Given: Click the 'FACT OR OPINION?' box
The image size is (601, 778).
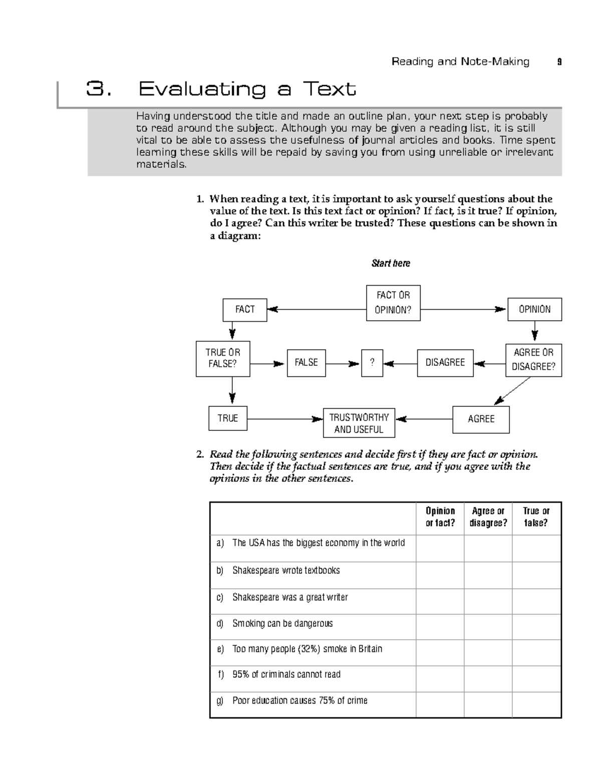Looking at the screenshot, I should pos(393,303).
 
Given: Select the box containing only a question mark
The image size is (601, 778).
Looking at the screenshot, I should pos(372,363).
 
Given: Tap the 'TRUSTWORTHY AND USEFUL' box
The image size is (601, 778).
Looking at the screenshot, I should pos(359,423).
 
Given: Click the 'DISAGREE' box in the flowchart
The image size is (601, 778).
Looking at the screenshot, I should pos(445,363).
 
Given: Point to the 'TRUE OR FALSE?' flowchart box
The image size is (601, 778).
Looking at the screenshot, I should pos(222,358).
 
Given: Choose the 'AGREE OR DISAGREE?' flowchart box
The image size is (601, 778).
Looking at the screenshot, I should pos(533,360).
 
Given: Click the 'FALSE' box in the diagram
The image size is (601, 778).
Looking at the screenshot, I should pos(306,363).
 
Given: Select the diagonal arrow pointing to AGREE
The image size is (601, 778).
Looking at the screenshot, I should pos(512,391).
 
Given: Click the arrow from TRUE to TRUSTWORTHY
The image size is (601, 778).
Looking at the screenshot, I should pos(285,419).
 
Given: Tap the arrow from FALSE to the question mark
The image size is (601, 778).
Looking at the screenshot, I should pos(343,364).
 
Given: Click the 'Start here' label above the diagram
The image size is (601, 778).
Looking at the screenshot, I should pos(391,264).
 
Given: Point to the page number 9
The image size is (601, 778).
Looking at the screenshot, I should pos(559,62).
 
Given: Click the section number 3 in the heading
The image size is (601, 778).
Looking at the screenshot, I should pos(96,90).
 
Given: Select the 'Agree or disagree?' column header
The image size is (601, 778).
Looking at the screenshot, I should pos(488,517).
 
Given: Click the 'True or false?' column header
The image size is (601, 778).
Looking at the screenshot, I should pos(536,517).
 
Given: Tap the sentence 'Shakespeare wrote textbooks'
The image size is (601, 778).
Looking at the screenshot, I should pos(286,571).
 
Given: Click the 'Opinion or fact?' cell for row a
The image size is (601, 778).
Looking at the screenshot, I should pos(440,548).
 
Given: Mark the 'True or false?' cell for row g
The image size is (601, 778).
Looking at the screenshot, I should pos(536,705).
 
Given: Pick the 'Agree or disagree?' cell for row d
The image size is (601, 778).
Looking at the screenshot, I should pos(488,627).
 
